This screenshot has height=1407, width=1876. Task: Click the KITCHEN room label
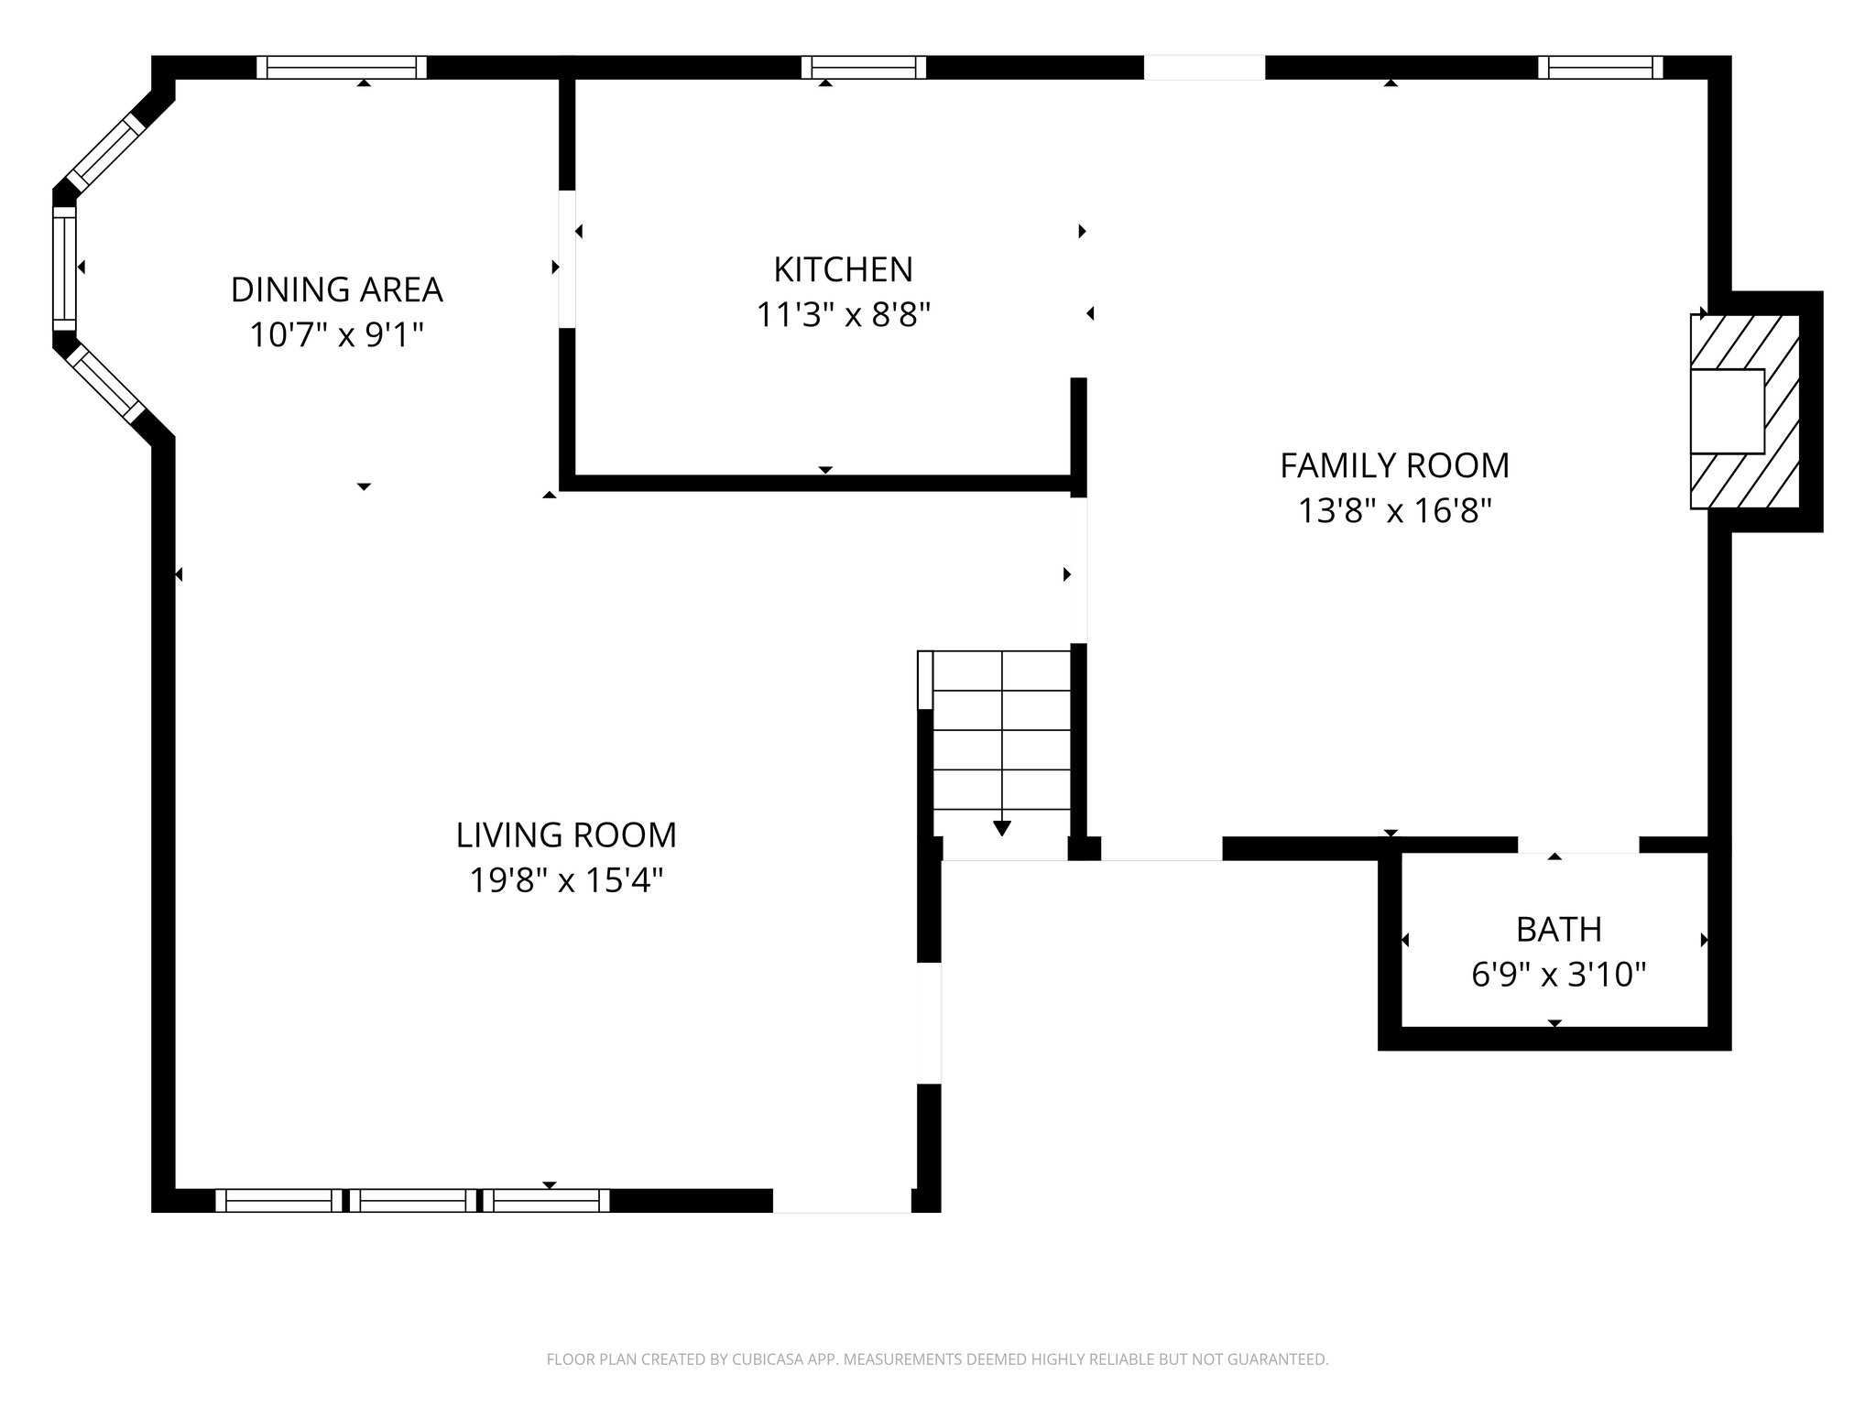tap(843, 269)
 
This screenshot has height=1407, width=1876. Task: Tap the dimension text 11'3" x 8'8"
tap(843, 315)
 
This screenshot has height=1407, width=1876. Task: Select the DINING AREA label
tap(336, 289)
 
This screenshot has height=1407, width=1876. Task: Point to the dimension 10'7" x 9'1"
tap(336, 335)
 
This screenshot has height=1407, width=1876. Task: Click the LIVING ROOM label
tap(566, 834)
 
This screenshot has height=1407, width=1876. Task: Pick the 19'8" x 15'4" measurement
tap(566, 880)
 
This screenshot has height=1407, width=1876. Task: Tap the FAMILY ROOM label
tap(1394, 465)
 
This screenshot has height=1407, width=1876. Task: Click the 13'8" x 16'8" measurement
tap(1394, 510)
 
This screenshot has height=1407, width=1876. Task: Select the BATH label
tap(1558, 929)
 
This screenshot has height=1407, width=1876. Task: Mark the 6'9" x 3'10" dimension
tap(1558, 975)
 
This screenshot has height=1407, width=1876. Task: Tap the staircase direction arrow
tap(1001, 828)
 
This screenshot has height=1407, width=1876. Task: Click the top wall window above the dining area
tap(341, 68)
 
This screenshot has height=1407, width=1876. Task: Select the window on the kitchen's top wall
tap(863, 68)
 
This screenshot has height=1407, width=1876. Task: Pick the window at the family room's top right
tap(1599, 68)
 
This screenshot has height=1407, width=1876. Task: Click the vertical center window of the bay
tap(64, 267)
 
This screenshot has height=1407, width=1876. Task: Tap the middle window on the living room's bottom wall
tap(412, 1200)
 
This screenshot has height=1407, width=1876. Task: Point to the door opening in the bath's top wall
tap(1577, 845)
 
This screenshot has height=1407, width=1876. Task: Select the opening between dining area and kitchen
tap(567, 258)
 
